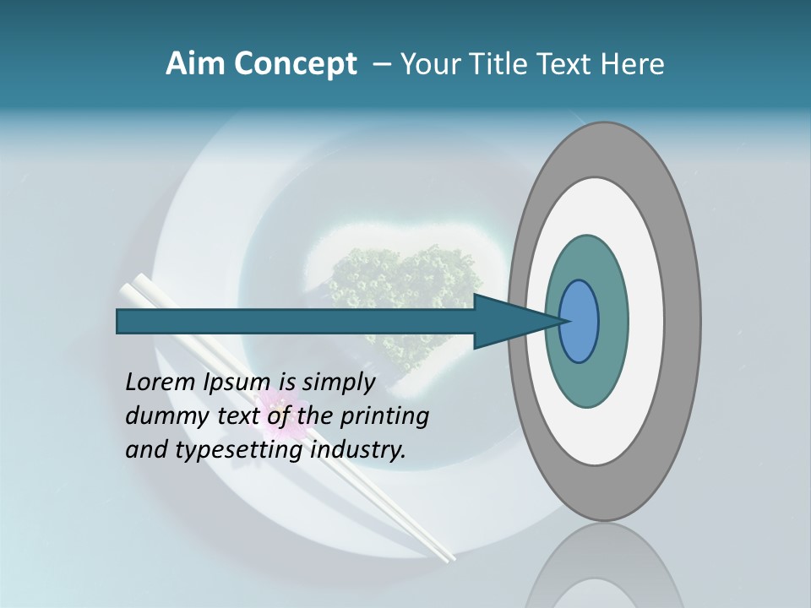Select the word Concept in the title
296,64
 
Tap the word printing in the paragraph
383,416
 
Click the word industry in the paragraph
357,450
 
